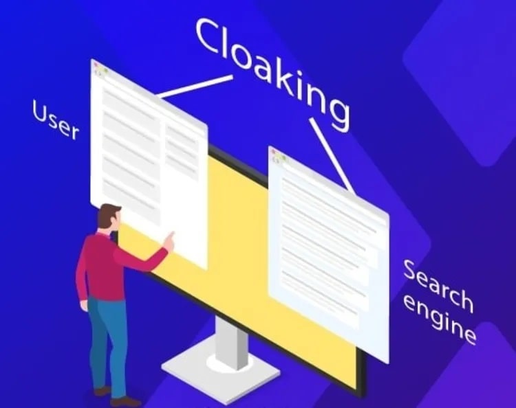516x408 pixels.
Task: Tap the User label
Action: point(56,120)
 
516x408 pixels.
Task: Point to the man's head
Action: point(109,217)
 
